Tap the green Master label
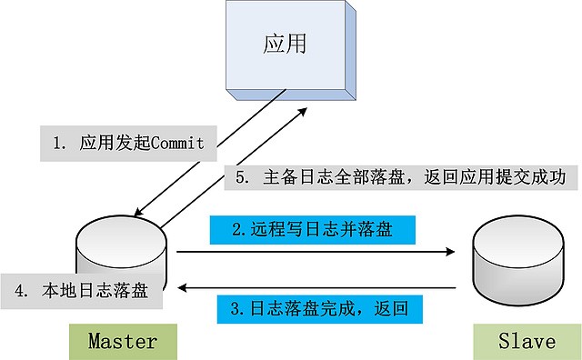[122, 342]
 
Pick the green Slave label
[527, 342]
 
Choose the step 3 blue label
[319, 308]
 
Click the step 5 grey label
[399, 177]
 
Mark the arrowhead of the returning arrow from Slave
[183, 287]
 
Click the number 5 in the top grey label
[241, 177]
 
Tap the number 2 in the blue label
[236, 229]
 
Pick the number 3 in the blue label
[236, 308]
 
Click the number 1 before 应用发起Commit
[57, 143]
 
